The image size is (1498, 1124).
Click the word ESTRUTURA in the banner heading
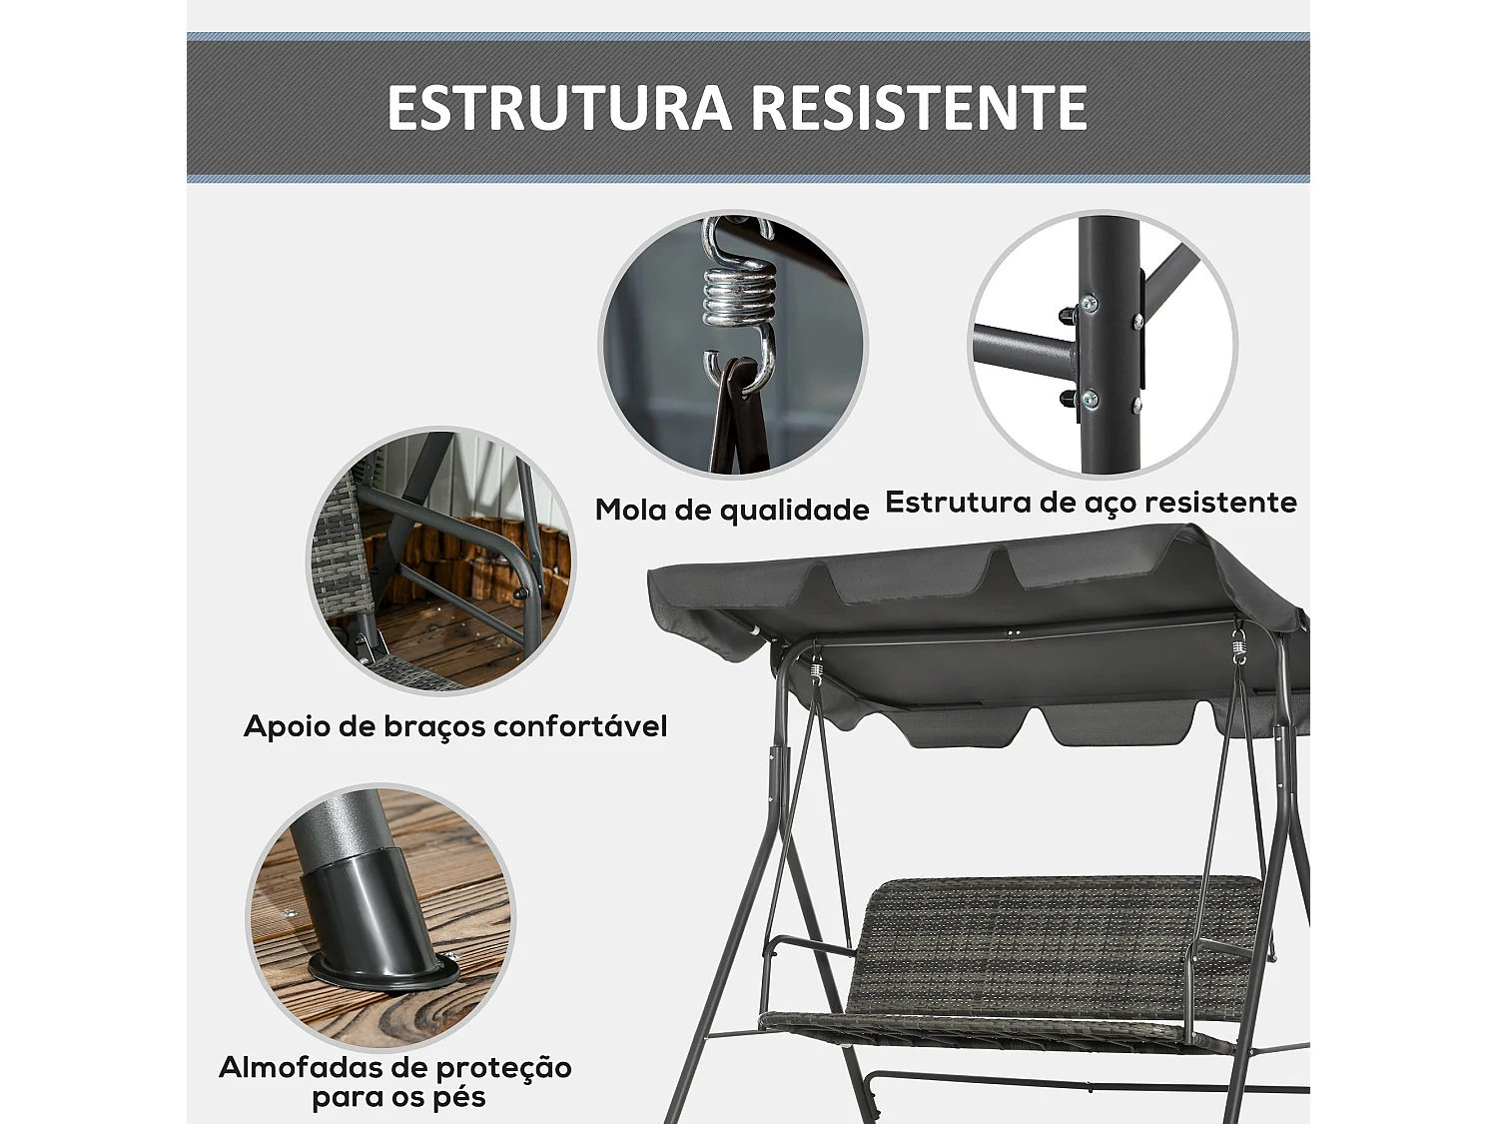pos(559,108)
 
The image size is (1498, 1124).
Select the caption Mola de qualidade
pos(732,510)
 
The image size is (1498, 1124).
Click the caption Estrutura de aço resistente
pos(1091,502)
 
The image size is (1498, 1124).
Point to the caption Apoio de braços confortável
pos(455,726)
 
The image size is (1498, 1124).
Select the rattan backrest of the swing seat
pos(1049,939)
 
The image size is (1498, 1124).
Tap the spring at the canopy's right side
pos(1239,646)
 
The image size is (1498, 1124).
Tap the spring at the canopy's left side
pos(816,671)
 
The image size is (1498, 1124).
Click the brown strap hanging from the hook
pos(739,420)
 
